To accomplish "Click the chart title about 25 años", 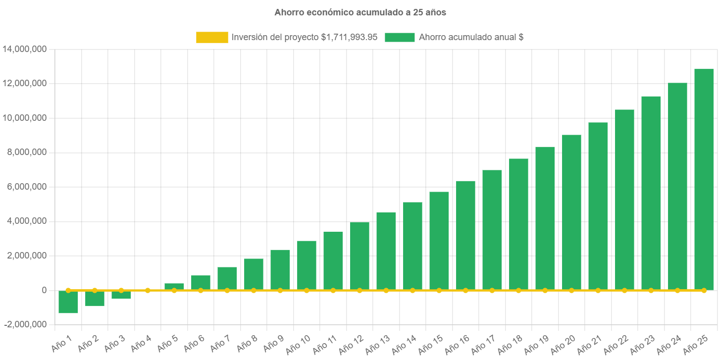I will (360, 12).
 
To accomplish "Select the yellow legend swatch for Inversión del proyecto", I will (212, 37).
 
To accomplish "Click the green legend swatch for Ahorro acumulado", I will (400, 37).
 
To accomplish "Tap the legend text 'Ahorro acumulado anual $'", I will (471, 37).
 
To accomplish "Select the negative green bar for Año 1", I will (68, 302).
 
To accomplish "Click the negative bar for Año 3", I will (121, 295).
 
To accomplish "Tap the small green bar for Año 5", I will (174, 286).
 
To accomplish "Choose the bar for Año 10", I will (307, 265).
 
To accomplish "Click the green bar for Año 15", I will (439, 240).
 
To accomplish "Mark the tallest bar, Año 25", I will (704, 178).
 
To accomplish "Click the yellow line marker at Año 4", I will (148, 290).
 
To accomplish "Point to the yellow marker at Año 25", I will (704, 290).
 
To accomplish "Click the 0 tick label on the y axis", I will (44, 290).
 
